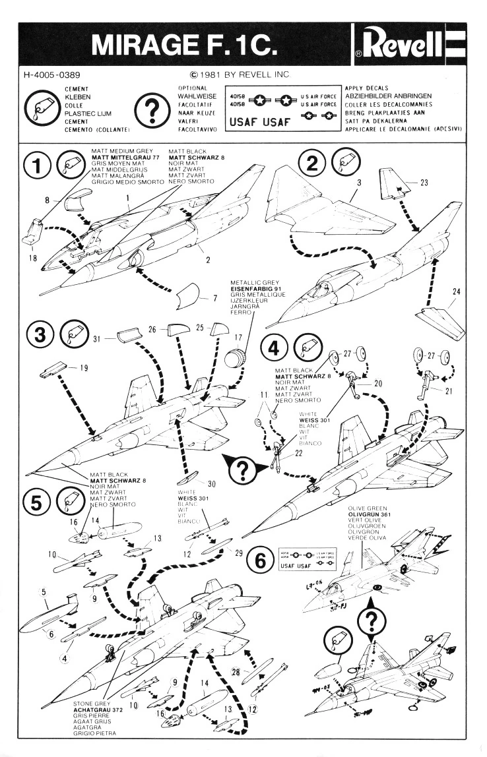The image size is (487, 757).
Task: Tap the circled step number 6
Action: click(x=261, y=562)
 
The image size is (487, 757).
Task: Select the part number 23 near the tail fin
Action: click(x=424, y=183)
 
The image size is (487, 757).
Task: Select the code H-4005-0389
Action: click(x=48, y=75)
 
